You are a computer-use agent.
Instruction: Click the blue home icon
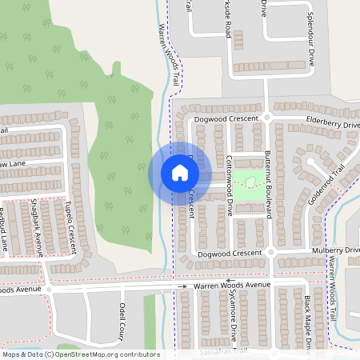pos(180,172)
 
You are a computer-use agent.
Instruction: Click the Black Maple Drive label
pos(307,324)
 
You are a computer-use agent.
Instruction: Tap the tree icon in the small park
pos(251,183)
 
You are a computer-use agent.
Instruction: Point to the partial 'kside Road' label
pos(228,19)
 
